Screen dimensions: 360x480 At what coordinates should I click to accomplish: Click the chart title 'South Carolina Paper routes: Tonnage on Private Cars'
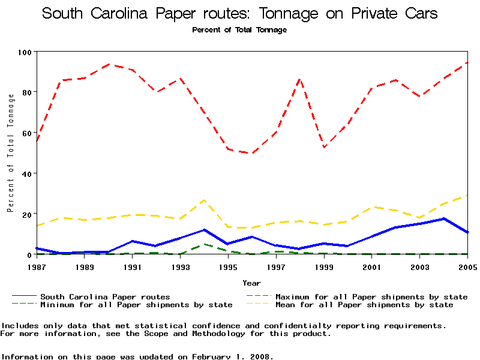coord(239,14)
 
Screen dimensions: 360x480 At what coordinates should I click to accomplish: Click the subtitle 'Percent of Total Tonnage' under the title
coord(239,30)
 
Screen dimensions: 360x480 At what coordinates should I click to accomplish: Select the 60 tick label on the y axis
coord(26,133)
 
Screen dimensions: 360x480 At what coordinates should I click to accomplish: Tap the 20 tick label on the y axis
coord(26,214)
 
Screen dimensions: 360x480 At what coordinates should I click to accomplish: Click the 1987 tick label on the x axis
coord(36,266)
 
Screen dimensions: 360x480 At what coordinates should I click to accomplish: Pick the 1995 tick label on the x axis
coord(228,266)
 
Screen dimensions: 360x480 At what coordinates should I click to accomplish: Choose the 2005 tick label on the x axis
coord(467,266)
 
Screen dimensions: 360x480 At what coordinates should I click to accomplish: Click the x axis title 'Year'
coord(251,283)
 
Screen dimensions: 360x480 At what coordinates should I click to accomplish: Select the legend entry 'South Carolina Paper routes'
coord(105,296)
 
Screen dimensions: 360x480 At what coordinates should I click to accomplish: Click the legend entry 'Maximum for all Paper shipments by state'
coord(371,296)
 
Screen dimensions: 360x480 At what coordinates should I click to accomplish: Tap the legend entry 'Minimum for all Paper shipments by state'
coord(136,305)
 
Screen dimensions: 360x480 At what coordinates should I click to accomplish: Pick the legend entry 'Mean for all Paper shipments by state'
coord(364,305)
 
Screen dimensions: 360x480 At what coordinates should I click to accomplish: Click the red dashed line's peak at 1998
coord(299,79)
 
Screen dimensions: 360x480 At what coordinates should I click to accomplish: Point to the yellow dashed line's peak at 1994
coord(204,200)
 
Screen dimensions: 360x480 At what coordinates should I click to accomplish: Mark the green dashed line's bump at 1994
coord(204,244)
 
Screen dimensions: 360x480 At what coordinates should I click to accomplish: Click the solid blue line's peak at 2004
coord(443,218)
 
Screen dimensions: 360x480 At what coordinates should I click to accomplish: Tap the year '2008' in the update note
coord(262,356)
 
